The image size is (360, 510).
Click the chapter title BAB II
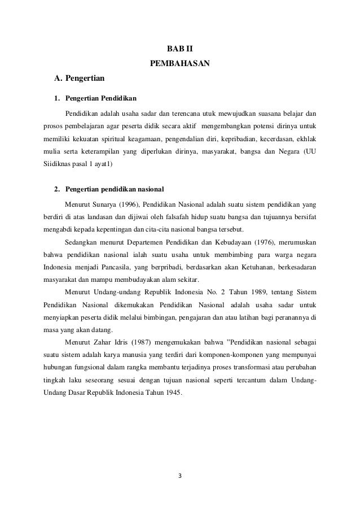coord(179,49)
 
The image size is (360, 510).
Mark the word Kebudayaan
coord(226,243)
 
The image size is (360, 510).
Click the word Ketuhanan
coord(243,268)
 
